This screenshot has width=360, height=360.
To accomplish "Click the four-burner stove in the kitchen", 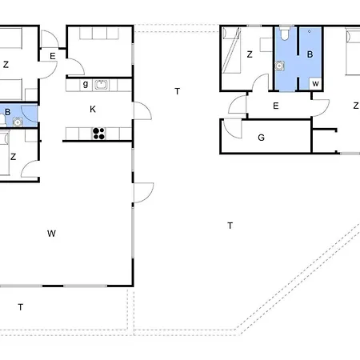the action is (98, 134).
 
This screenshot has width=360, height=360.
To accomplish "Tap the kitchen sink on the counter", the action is (102, 85).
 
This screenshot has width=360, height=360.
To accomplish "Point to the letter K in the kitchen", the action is (93, 109).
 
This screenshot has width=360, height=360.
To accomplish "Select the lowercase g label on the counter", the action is (86, 84).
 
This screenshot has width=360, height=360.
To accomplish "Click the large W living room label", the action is (51, 234).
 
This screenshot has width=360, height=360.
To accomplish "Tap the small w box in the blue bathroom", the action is (315, 84).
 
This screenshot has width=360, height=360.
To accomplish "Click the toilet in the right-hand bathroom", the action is (285, 34).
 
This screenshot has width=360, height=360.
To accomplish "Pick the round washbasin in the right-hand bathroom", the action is (279, 66).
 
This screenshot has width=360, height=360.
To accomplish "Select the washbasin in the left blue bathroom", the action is (18, 122).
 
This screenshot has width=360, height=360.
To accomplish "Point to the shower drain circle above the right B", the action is (310, 31).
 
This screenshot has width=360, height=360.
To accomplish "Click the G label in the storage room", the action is (262, 138).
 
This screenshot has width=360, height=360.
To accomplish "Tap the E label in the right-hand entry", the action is (276, 106).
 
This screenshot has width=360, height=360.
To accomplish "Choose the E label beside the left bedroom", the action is (53, 56).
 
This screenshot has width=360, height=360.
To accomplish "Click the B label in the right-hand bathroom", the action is (310, 54).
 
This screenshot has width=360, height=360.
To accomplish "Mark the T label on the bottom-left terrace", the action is (21, 307).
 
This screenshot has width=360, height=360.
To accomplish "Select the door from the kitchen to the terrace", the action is (142, 110).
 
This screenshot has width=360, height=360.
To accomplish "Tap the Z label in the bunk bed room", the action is (250, 54).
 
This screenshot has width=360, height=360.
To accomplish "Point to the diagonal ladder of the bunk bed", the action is (231, 50).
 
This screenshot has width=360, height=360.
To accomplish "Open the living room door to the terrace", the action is (144, 193).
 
